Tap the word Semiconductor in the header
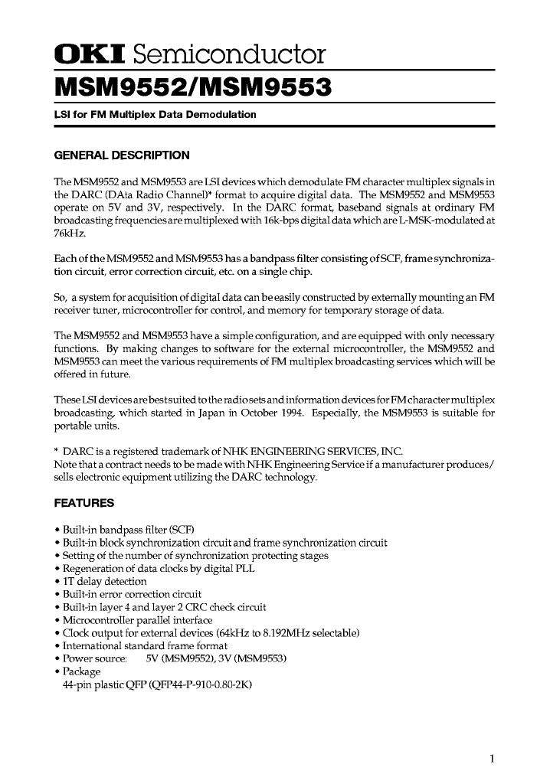click(230, 54)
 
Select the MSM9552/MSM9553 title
click(192, 88)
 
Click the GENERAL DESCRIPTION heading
click(122, 155)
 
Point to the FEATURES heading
click(84, 503)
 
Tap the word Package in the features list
click(81, 671)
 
